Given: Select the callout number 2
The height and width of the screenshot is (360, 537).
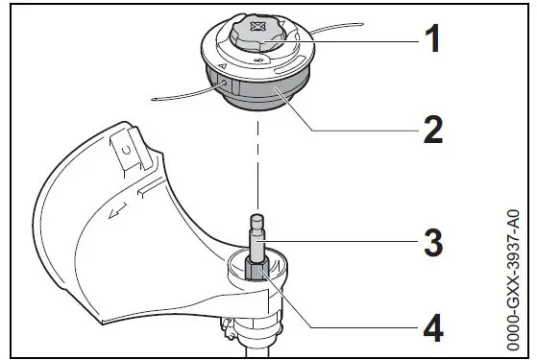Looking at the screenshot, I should [432, 127].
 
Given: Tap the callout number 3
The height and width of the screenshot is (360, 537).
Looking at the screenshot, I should [432, 242].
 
